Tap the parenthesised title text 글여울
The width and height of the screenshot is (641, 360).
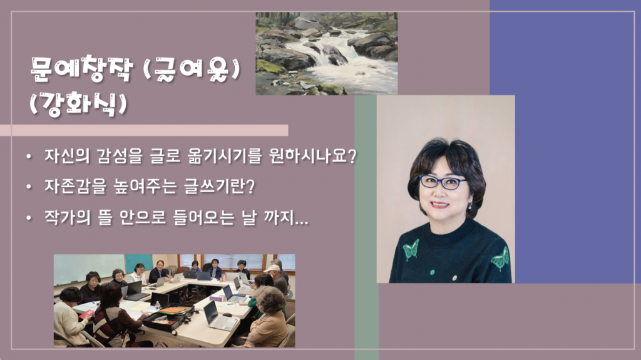[x=192, y=69]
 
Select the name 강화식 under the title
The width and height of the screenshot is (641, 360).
[x=78, y=104]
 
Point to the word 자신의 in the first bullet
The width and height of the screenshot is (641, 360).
[x=67, y=157]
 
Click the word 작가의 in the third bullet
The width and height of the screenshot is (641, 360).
[x=67, y=217]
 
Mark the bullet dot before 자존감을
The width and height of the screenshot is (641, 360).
[x=29, y=187]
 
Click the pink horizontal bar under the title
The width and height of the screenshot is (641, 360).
[x=144, y=130]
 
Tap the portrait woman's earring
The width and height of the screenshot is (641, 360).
[x=470, y=206]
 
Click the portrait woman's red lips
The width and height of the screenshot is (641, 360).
[x=440, y=204]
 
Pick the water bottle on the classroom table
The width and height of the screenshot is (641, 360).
[x=158, y=305]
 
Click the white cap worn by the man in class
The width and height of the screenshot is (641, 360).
[x=272, y=269]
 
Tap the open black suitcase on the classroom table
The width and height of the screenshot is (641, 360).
[x=168, y=317]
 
